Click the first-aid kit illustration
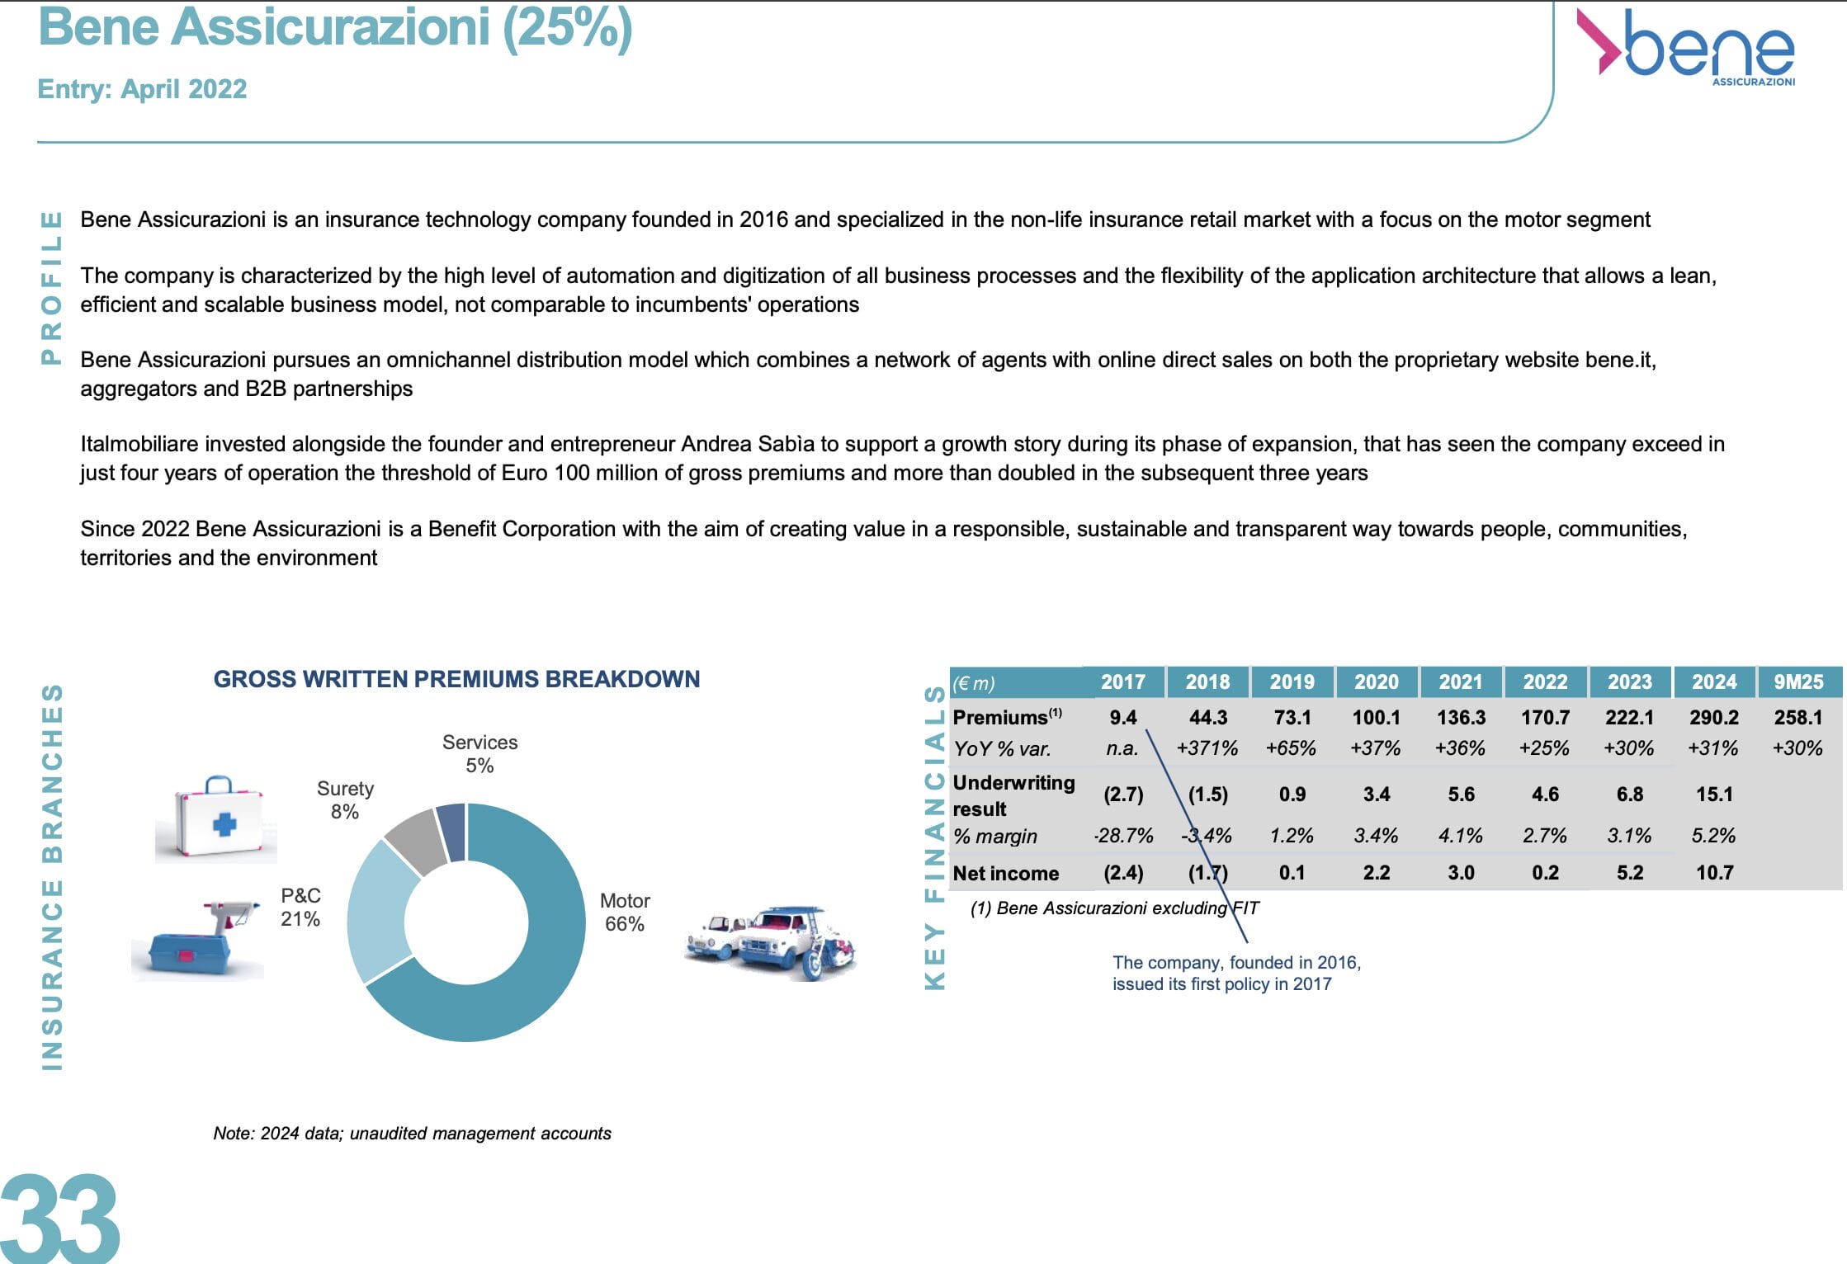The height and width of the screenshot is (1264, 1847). coord(217,818)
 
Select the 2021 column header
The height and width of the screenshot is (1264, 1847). coord(1461,682)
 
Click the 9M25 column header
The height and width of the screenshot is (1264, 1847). coord(1798,682)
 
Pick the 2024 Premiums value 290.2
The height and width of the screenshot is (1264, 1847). coord(1714,717)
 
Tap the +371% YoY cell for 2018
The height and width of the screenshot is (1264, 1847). coord(1207,748)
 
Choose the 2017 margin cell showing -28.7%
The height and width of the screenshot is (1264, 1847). coord(1123,836)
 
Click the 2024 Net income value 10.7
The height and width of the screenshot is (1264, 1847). coord(1714,873)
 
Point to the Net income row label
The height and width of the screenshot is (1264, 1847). coord(1005,873)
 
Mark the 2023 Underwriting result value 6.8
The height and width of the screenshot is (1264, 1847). coord(1629,795)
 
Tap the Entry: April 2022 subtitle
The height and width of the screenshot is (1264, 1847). coord(142,89)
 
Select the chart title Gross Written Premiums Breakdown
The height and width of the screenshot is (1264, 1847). coord(456,679)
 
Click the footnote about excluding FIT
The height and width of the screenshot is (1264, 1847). coord(1114,908)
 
